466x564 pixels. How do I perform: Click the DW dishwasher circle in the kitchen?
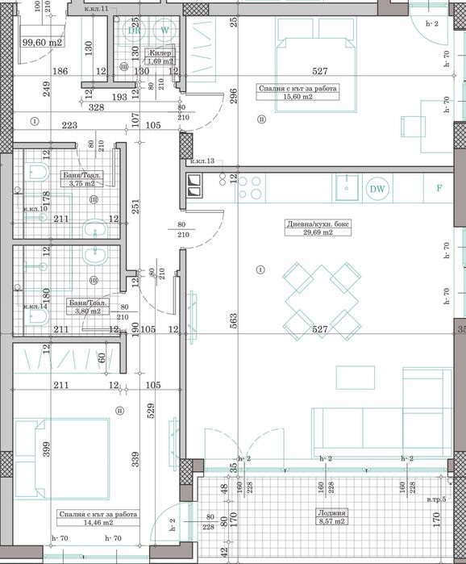point(377,190)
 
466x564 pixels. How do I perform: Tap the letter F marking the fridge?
point(439,189)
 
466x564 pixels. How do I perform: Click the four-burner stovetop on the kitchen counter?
point(249,189)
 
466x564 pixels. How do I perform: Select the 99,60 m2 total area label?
point(42,43)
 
